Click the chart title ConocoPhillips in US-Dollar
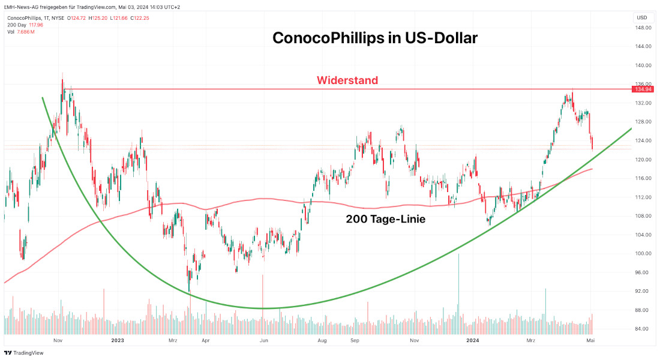pyautogui.click(x=374, y=38)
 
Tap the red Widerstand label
pyautogui.click(x=347, y=80)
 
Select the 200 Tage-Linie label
pyautogui.click(x=385, y=220)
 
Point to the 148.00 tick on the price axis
pyautogui.click(x=643, y=28)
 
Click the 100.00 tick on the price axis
pyautogui.click(x=643, y=253)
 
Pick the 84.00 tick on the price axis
pyautogui.click(x=643, y=329)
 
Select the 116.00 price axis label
pyautogui.click(x=643, y=178)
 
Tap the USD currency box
pyautogui.click(x=641, y=17)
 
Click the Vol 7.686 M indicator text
pyautogui.click(x=22, y=31)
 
